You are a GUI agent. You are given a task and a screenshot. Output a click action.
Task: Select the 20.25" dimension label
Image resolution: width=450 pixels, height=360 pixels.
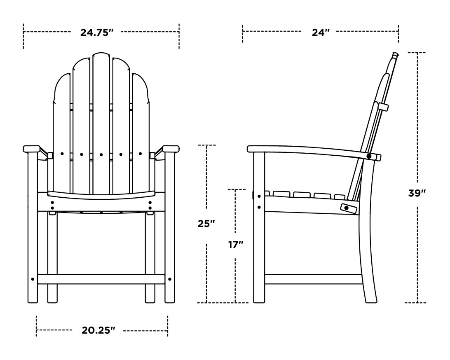click(x=98, y=330)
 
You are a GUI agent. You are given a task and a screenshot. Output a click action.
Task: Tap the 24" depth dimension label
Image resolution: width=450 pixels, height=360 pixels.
click(x=320, y=33)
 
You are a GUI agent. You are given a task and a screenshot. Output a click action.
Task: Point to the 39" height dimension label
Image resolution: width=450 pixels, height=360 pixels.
click(x=417, y=193)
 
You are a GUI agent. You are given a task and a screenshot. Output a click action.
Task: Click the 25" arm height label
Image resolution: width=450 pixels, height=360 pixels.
click(x=206, y=224)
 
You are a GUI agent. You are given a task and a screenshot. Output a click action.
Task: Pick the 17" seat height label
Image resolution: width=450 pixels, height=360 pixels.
click(x=236, y=245)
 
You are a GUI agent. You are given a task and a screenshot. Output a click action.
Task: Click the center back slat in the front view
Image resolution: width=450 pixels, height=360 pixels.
click(x=101, y=123)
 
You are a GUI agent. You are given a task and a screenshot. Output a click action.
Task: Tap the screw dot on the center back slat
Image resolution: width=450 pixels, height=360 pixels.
click(x=101, y=154)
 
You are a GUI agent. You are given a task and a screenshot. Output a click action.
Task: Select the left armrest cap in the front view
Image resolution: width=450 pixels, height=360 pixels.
click(x=31, y=149)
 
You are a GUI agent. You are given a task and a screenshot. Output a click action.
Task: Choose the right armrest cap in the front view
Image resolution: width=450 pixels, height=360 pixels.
click(x=171, y=149)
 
